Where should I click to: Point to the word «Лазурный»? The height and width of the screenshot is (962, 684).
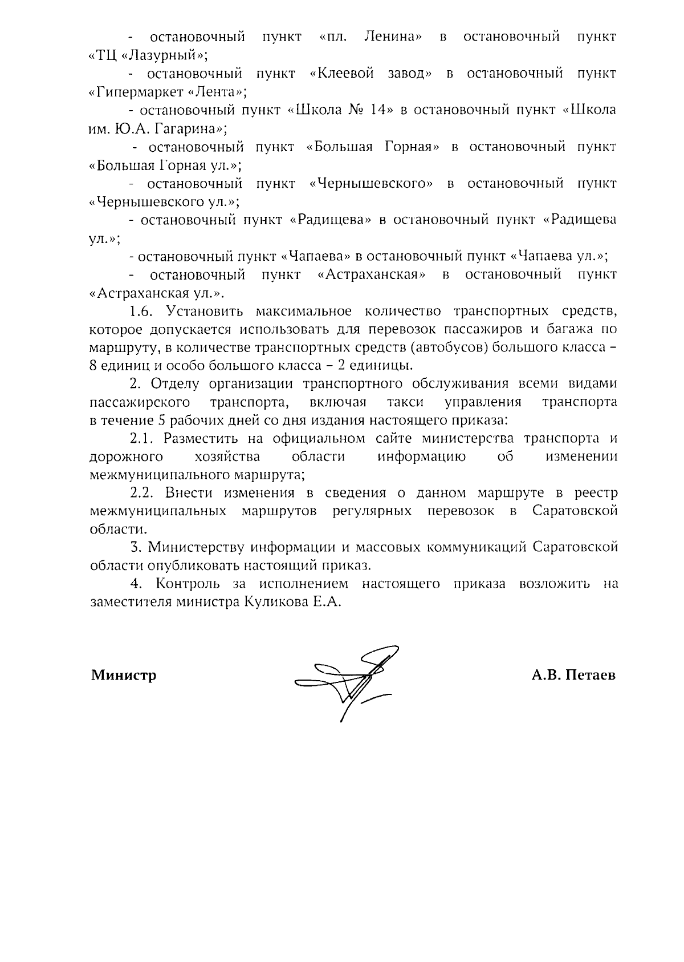pyautogui.click(x=161, y=56)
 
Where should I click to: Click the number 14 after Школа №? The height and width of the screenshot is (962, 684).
pyautogui.click(x=378, y=111)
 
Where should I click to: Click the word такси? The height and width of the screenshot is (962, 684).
pyautogui.click(x=405, y=402)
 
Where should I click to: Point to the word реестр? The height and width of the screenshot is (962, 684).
pyautogui.click(x=596, y=494)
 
